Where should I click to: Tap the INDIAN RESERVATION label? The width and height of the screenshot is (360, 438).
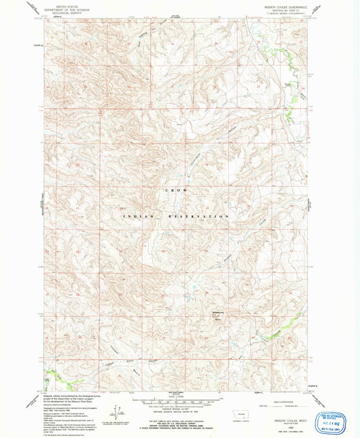click(176, 216)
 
